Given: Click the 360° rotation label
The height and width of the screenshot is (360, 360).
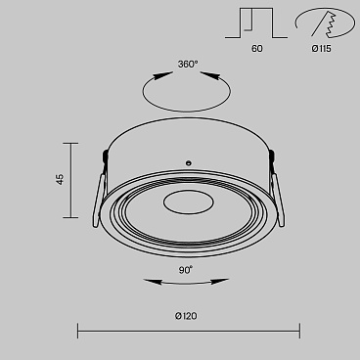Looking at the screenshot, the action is coord(188,65).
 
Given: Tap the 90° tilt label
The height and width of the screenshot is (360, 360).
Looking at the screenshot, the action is coord(186,270).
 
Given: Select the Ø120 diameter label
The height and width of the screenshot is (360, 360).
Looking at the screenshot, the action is coord(186,316).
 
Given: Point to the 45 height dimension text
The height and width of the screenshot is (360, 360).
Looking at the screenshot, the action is coord(61,179).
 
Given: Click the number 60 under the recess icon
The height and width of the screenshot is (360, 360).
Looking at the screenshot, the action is coord(257,49).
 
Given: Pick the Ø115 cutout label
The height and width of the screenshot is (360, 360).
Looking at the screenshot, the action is coord(321,49).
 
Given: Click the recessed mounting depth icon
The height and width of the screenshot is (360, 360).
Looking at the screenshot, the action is coord(256,23).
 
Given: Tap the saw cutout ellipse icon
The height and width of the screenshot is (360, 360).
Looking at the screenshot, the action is coord(325,22).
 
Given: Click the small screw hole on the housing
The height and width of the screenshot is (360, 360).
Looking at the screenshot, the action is coord(188,162).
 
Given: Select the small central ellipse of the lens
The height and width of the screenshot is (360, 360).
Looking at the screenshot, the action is coord(189,202).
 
